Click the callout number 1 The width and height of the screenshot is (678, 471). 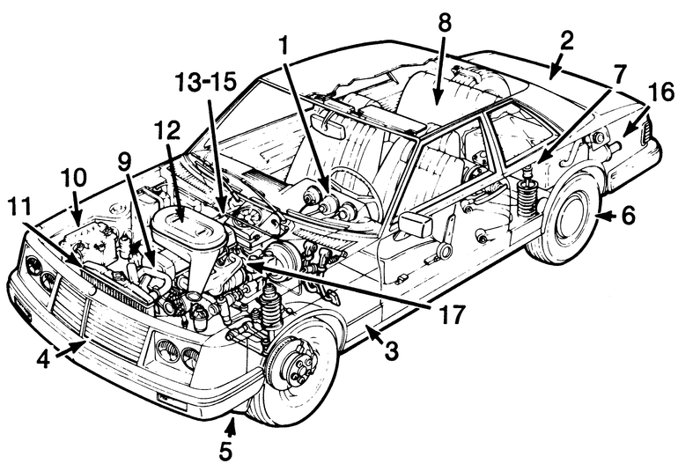pyautogui.click(x=284, y=46)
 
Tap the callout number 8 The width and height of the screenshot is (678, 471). pyautogui.click(x=444, y=24)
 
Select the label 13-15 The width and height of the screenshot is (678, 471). pyautogui.click(x=206, y=82)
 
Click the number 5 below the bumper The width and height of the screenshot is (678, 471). pyautogui.click(x=225, y=451)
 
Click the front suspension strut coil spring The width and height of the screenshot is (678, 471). pyautogui.click(x=270, y=308)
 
